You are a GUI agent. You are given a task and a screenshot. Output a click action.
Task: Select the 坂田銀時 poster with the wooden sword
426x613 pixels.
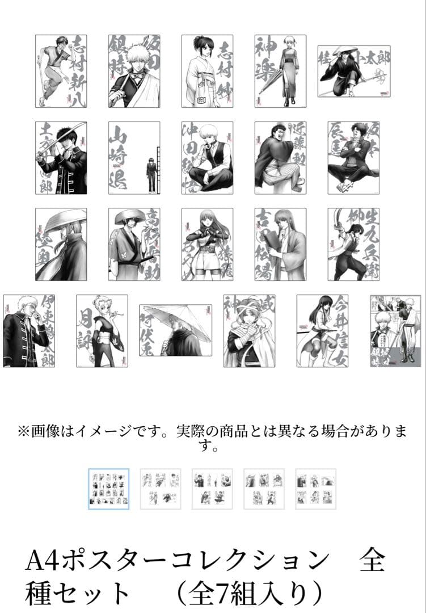[x=134, y=71]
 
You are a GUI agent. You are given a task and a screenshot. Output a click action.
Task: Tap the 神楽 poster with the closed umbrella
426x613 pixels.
[x=280, y=71]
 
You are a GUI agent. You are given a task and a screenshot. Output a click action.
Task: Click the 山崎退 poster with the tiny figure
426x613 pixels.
[x=134, y=158]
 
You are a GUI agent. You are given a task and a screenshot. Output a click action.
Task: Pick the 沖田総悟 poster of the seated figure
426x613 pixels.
[x=207, y=158]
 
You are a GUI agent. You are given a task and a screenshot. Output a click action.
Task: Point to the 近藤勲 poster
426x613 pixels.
[x=280, y=158]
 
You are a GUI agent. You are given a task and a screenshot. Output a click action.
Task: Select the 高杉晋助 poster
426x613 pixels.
[x=134, y=244]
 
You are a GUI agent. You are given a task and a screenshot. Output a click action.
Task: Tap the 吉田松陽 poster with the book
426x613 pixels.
[x=280, y=244]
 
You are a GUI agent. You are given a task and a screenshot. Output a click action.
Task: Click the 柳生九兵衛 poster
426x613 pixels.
[x=353, y=244]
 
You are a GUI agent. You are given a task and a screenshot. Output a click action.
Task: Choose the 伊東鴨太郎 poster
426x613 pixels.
[x=29, y=330]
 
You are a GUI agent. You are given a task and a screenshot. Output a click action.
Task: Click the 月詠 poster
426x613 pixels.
[x=102, y=330]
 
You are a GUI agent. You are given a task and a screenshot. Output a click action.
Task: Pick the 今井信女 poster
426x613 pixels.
[x=322, y=330]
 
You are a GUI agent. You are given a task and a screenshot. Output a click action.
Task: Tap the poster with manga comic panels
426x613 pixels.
[x=395, y=330]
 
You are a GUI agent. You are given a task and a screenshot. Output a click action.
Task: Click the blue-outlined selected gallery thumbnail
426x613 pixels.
[x=109, y=489]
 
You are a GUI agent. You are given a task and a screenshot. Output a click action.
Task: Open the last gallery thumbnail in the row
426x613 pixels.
[x=316, y=489]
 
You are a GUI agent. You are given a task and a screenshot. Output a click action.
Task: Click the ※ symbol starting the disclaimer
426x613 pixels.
[x=23, y=432]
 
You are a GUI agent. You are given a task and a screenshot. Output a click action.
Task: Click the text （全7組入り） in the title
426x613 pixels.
[x=249, y=593]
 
